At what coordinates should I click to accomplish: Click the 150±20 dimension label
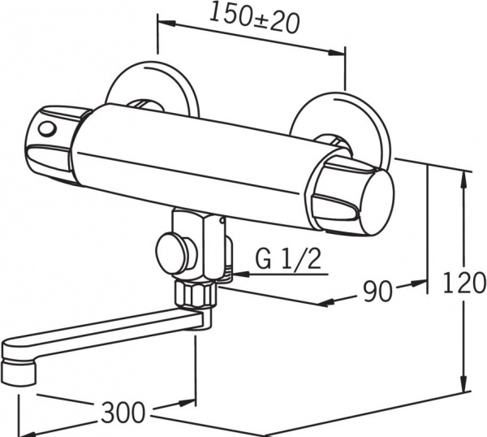pos(254,19)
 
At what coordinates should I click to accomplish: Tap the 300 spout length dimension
pos(123,412)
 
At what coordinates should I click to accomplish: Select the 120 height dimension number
pos(463,283)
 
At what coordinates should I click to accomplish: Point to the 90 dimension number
pos(378,291)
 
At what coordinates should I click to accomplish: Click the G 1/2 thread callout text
pos(287,259)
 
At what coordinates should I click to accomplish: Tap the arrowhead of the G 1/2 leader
pos(241,274)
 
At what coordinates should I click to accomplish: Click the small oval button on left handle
pos(46,128)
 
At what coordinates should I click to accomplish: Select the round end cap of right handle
pos(378,204)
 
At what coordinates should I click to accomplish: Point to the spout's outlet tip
pos(18,372)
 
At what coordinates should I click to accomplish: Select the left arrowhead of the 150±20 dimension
pos(167,23)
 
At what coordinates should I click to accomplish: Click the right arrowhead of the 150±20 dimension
pos(337,53)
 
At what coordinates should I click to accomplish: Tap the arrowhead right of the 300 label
pos(187,403)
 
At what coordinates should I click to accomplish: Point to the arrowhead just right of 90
pos(419,283)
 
